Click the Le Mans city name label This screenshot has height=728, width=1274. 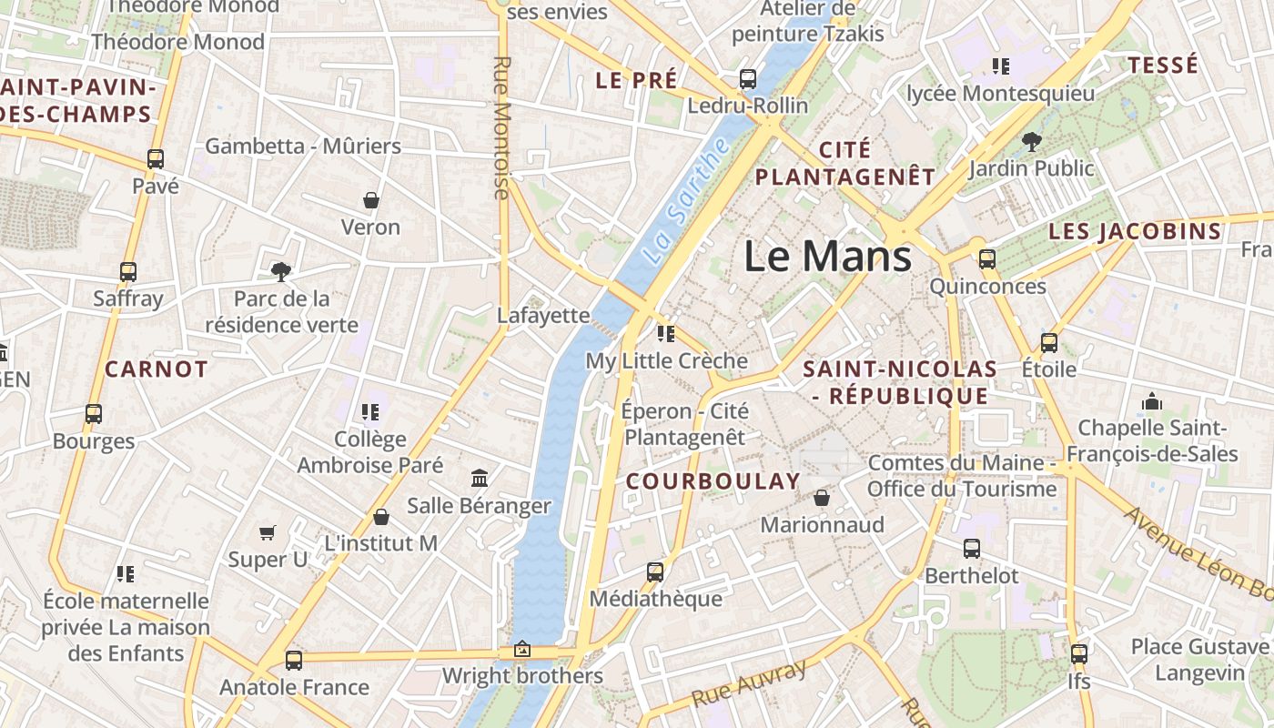tap(827, 256)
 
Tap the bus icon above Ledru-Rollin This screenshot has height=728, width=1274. tap(748, 79)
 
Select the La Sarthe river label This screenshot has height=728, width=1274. tap(686, 202)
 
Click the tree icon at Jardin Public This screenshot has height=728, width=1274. tap(1031, 141)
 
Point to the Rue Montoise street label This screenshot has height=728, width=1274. tap(501, 127)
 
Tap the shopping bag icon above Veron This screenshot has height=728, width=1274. tap(371, 200)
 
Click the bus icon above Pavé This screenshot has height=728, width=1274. tap(156, 159)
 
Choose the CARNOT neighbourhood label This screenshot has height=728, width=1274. tap(157, 369)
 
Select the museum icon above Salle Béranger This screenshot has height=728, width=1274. tap(480, 478)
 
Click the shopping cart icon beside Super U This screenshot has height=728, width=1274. tap(268, 532)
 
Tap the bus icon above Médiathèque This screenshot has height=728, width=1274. tap(655, 572)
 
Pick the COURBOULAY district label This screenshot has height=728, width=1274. tap(713, 481)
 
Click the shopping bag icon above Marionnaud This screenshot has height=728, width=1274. tap(822, 498)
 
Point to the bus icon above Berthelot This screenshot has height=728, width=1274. tap(972, 549)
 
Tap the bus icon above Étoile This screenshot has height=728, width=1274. tap(1049, 343)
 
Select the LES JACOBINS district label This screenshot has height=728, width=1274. tap(1134, 231)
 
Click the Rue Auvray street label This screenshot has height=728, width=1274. tap(748, 684)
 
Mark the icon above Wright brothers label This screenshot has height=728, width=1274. tap(522, 650)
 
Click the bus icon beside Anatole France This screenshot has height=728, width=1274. tap(293, 661)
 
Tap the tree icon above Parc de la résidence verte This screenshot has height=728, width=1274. tap(281, 271)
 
